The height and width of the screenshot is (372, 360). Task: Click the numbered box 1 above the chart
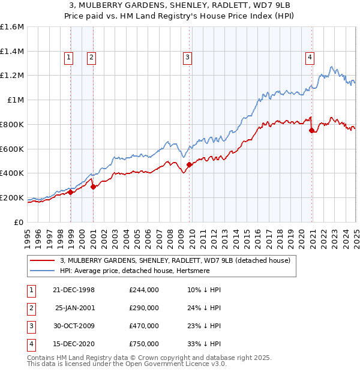(68, 58)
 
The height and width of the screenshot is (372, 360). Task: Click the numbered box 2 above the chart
(91, 58)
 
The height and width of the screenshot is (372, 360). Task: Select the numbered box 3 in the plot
(187, 58)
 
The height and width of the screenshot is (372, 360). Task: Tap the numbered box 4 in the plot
(310, 58)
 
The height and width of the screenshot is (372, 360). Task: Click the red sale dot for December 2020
(312, 130)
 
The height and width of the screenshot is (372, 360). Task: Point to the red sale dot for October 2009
(190, 164)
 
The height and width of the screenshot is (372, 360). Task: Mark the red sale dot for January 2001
(94, 187)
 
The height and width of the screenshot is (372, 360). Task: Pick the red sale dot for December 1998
(71, 192)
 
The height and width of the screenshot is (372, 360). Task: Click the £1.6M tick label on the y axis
(12, 27)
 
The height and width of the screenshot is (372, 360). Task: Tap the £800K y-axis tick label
(12, 124)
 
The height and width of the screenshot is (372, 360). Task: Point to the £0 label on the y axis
(19, 222)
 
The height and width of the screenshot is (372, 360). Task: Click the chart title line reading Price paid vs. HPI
(180, 15)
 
